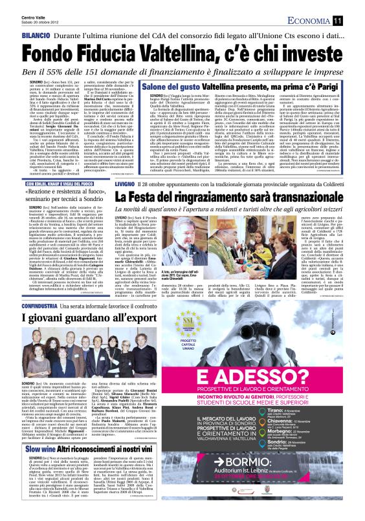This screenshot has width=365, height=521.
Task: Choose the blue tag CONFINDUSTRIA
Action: point(25,303)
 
